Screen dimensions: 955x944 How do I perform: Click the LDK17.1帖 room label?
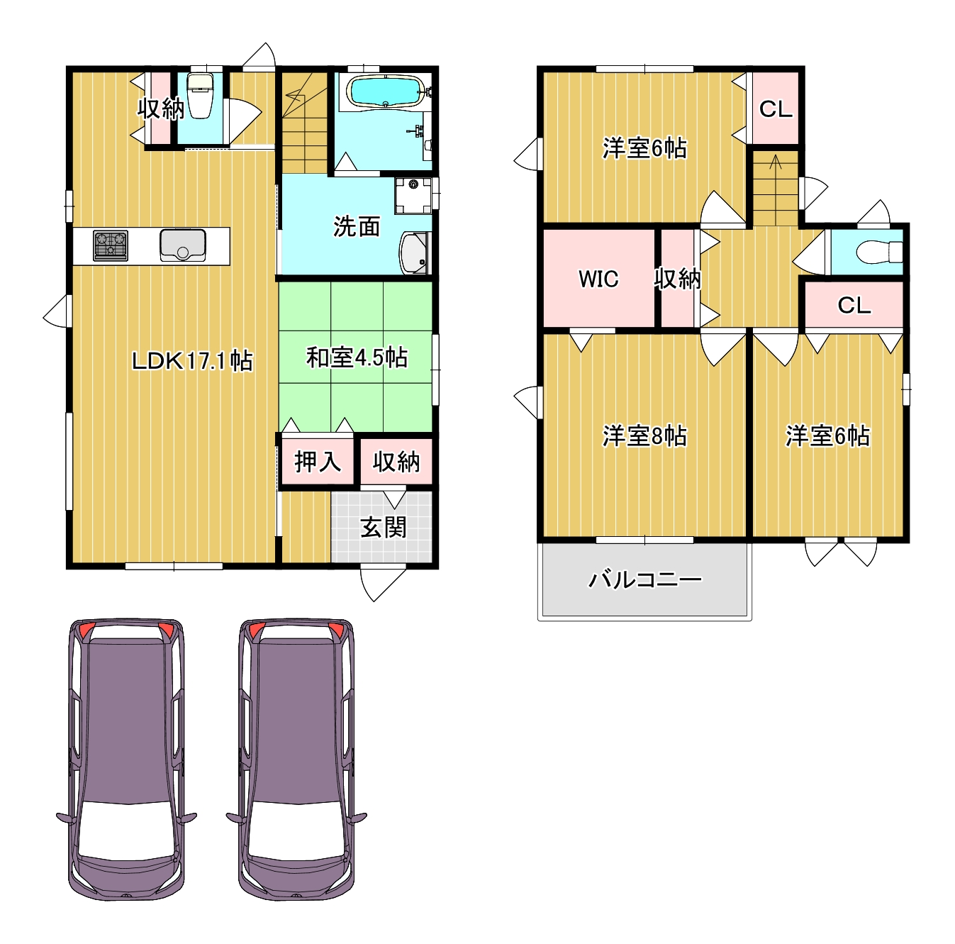point(192,361)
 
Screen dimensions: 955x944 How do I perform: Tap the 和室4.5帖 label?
point(357,357)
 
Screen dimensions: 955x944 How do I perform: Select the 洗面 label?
point(357,226)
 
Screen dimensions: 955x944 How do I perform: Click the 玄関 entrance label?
point(383,527)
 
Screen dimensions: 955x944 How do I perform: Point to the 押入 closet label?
point(318,462)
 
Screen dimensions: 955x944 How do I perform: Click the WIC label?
point(598,279)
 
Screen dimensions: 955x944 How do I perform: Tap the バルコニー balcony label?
point(644,579)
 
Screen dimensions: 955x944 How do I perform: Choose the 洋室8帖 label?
point(644,435)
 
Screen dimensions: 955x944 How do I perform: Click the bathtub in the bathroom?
point(386,91)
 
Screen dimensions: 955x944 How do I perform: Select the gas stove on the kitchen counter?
point(111,245)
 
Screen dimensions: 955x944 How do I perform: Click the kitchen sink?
point(183,245)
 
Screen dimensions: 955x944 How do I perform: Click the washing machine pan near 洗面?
point(413,196)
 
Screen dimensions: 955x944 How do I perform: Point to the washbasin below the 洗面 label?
point(415,253)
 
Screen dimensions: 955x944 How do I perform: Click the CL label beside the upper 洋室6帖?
point(776,109)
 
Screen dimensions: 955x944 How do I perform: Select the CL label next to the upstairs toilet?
point(854,306)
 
